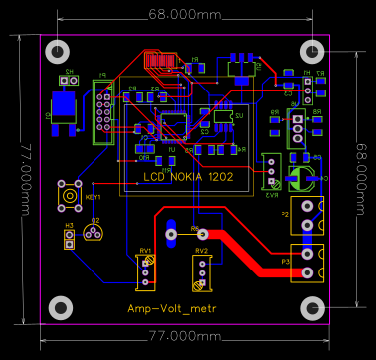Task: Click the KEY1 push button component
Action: (x=70, y=196)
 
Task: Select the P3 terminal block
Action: (x=309, y=262)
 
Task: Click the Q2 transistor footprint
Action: (x=94, y=234)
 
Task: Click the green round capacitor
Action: (x=301, y=175)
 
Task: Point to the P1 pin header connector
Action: (x=101, y=108)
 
